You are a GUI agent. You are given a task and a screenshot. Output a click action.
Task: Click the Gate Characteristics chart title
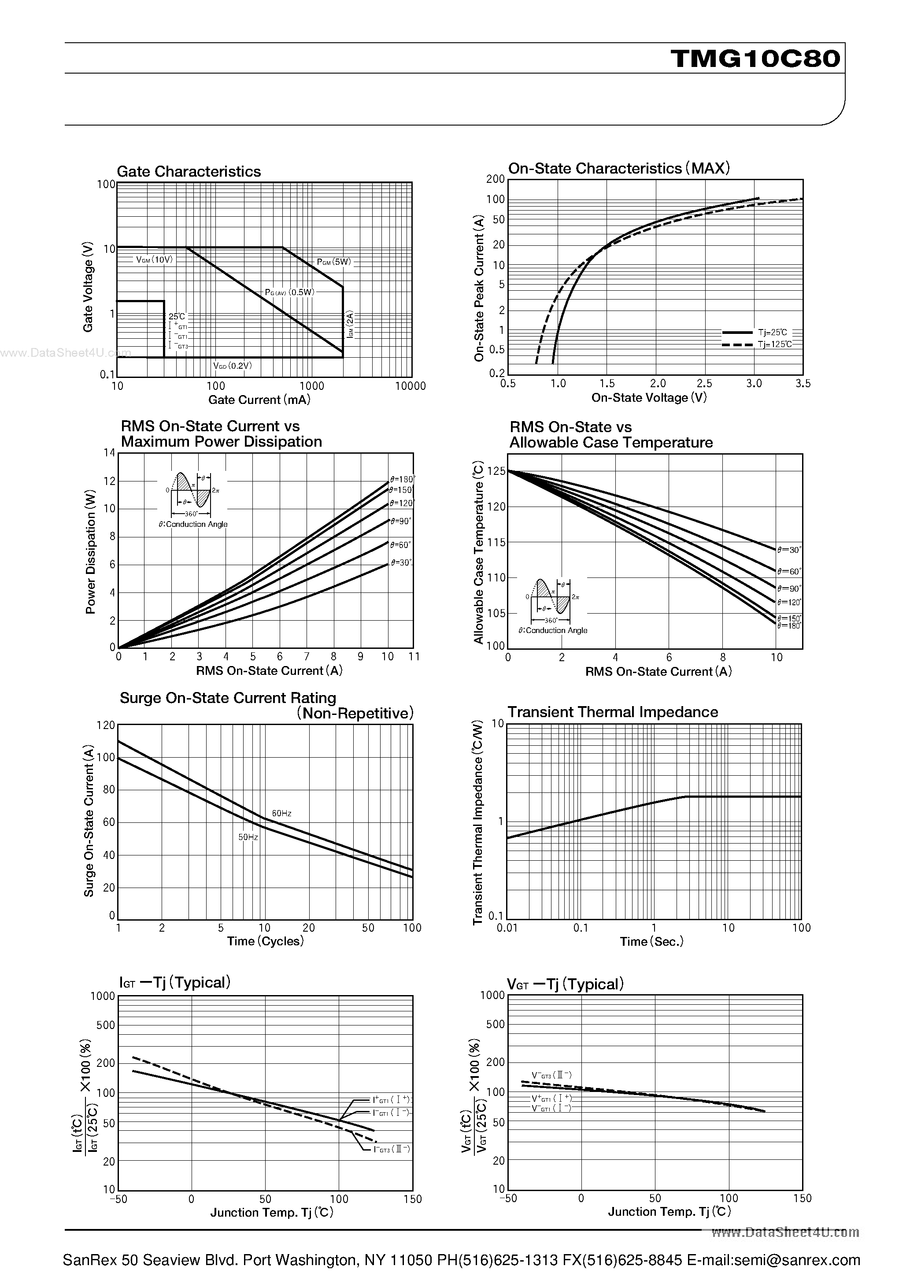click(x=189, y=172)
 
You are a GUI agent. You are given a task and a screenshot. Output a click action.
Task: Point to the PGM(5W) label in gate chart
click(x=334, y=262)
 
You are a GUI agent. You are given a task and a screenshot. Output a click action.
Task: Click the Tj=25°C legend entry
click(x=772, y=333)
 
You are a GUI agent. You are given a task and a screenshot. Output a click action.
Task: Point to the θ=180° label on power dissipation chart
click(x=402, y=480)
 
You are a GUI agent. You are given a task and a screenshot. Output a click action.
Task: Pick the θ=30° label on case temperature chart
click(x=789, y=550)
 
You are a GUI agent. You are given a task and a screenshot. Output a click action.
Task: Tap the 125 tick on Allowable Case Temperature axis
click(x=496, y=472)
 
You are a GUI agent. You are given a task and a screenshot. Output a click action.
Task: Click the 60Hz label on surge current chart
click(x=281, y=814)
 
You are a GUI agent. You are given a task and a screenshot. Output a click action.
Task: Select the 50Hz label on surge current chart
click(x=248, y=837)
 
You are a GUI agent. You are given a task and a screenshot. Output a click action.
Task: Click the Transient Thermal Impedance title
click(x=613, y=712)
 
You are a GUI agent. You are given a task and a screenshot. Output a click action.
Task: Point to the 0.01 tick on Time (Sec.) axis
click(x=507, y=928)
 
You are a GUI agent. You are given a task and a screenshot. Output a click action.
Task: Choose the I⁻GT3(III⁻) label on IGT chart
click(x=392, y=1149)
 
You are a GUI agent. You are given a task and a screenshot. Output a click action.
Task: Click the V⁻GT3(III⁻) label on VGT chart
click(x=551, y=1075)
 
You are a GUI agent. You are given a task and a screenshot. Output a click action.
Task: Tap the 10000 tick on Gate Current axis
click(x=411, y=386)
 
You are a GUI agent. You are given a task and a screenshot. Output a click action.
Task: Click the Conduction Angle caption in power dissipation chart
click(x=193, y=525)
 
